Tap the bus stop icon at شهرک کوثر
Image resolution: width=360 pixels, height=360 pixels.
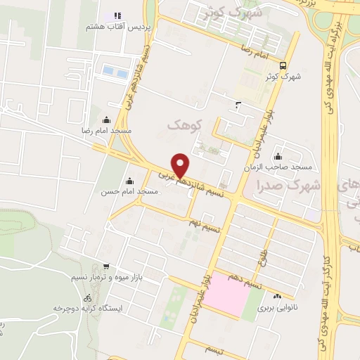click(282, 67)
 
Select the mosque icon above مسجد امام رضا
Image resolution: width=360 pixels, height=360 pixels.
click(106, 120)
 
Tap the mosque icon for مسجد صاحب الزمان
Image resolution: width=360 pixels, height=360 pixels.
click(279, 157)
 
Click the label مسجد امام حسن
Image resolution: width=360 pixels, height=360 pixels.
click(128, 191)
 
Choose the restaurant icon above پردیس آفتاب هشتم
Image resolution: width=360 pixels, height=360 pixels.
click(117, 15)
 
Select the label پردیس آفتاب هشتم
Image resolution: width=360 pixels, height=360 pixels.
click(117, 26)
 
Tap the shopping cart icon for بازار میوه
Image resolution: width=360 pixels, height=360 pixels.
click(105, 266)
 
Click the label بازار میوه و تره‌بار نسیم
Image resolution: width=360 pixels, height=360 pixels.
click(105, 278)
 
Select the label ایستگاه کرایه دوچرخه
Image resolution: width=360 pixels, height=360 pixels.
click(88, 309)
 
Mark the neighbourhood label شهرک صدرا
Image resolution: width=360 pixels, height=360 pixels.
click(295, 186)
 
